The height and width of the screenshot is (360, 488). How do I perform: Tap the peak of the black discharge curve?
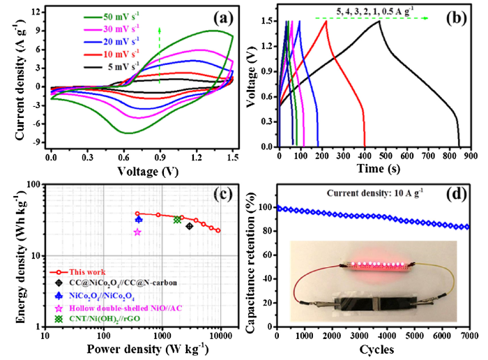[379, 21]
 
